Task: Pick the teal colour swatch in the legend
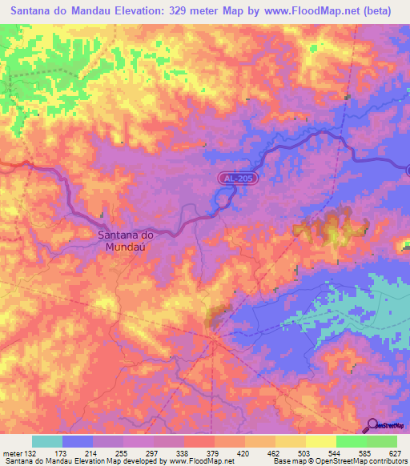(47, 442)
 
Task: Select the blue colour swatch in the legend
(78, 442)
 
